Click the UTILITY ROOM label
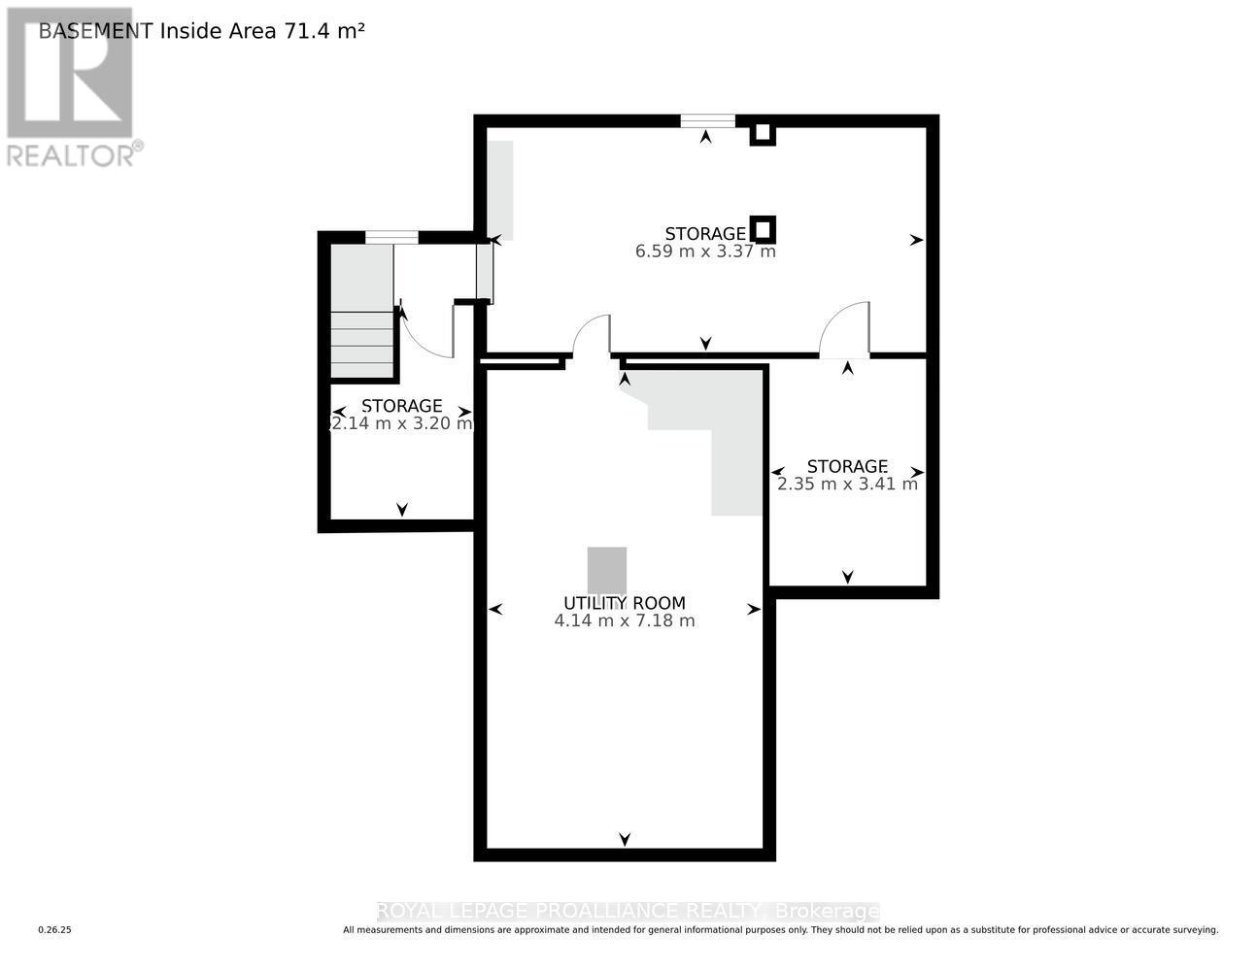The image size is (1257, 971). tap(625, 602)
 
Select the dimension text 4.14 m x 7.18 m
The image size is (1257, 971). tap(625, 620)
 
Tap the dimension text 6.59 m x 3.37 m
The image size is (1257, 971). tap(705, 251)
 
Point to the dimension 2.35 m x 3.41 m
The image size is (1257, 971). tap(847, 484)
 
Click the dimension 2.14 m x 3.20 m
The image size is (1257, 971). tap(402, 423)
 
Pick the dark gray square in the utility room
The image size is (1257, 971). tap(607, 569)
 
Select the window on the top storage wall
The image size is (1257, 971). tap(707, 121)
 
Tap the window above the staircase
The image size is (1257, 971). tap(391, 237)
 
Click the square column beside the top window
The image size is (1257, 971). tap(763, 133)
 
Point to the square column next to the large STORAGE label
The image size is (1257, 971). tap(764, 229)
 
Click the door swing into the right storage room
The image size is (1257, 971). tap(843, 330)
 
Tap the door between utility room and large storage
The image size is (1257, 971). tap(591, 338)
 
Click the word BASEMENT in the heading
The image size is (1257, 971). tap(95, 31)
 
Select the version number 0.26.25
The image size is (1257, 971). tap(55, 930)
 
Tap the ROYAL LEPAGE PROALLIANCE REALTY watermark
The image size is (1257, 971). tap(628, 911)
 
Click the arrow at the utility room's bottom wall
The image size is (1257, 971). tap(625, 838)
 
